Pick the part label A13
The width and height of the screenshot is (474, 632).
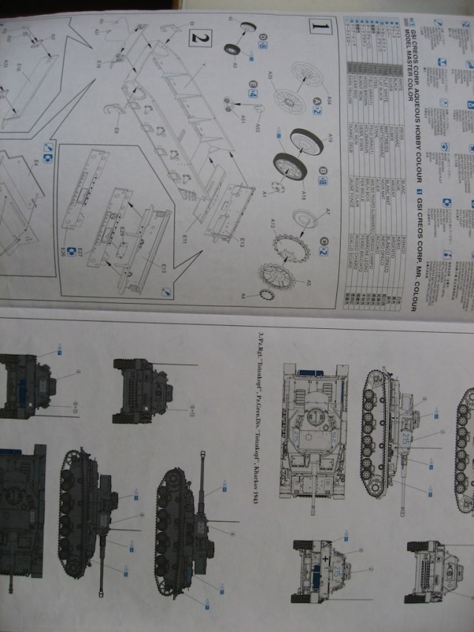[273, 221]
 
